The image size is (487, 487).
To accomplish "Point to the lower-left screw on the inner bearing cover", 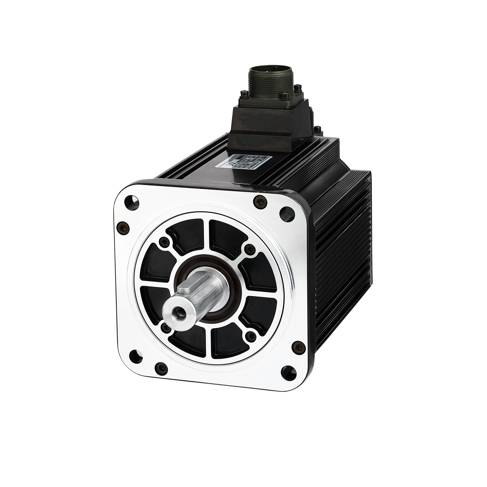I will [x=166, y=328].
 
